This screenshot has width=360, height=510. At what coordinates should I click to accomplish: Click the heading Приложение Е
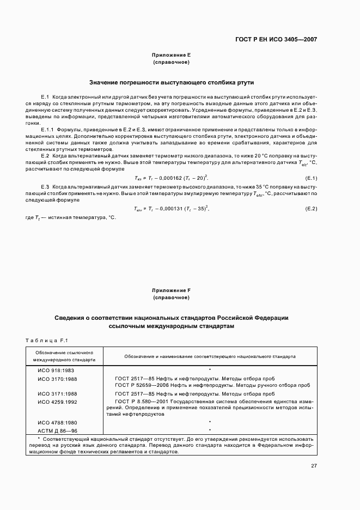click(172, 56)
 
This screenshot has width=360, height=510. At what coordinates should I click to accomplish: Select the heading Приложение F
click(172, 290)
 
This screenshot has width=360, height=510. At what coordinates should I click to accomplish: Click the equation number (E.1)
click(311, 178)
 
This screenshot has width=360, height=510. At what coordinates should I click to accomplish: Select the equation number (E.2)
click(311, 209)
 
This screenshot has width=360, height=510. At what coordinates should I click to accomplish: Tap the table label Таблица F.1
click(46, 341)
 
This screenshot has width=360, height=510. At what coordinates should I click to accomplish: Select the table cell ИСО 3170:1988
click(57, 379)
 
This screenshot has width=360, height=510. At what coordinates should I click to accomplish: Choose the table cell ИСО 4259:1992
click(57, 402)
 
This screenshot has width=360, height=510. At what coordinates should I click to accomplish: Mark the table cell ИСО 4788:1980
click(57, 422)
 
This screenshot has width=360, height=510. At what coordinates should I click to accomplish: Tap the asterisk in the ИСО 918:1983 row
click(210, 370)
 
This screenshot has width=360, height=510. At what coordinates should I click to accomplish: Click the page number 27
click(314, 466)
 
